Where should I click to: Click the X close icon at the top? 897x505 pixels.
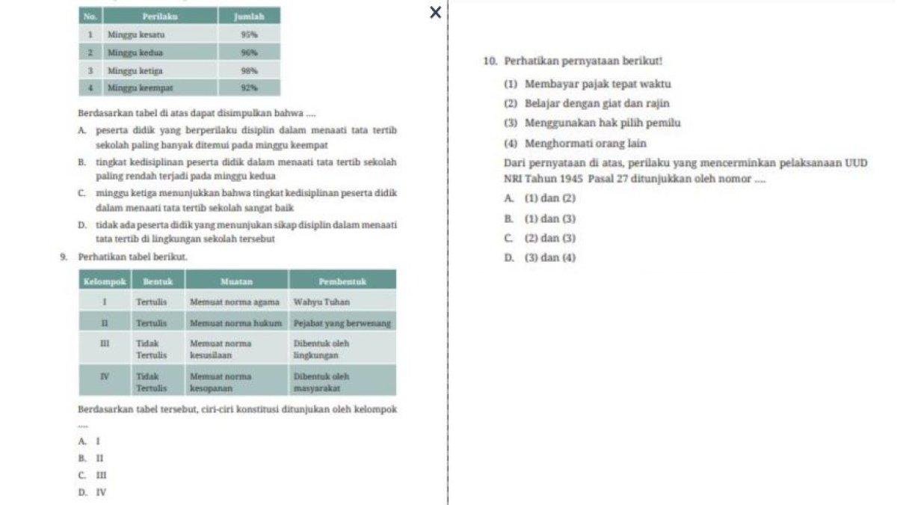(436, 12)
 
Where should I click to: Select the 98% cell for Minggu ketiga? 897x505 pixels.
(250, 70)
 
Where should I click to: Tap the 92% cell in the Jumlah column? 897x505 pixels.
(250, 88)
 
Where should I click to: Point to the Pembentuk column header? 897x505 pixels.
(342, 281)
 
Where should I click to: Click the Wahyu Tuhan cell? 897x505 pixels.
(321, 302)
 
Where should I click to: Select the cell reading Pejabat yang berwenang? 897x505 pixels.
(342, 323)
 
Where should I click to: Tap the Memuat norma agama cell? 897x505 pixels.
(235, 302)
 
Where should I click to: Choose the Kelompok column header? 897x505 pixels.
(105, 281)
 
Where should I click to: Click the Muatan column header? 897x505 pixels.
(236, 281)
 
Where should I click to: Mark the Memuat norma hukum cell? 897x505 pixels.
(235, 323)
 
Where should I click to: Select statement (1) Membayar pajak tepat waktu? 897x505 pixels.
(587, 84)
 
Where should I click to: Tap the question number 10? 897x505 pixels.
(490, 60)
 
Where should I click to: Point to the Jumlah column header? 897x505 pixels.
(249, 16)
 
